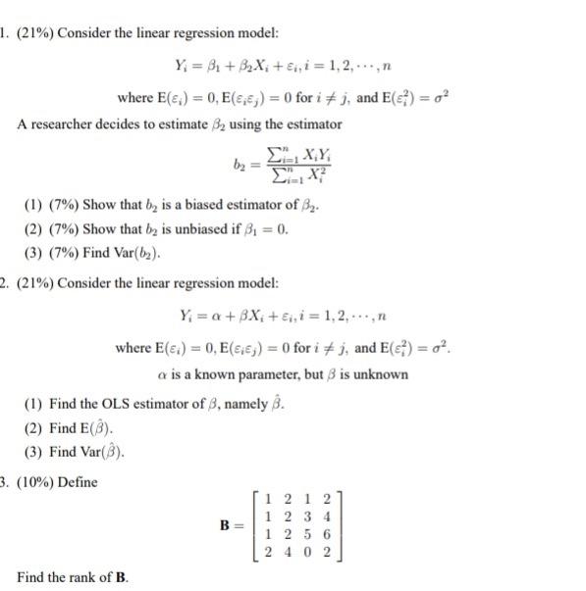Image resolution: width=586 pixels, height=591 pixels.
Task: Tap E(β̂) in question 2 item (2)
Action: coord(96,427)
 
